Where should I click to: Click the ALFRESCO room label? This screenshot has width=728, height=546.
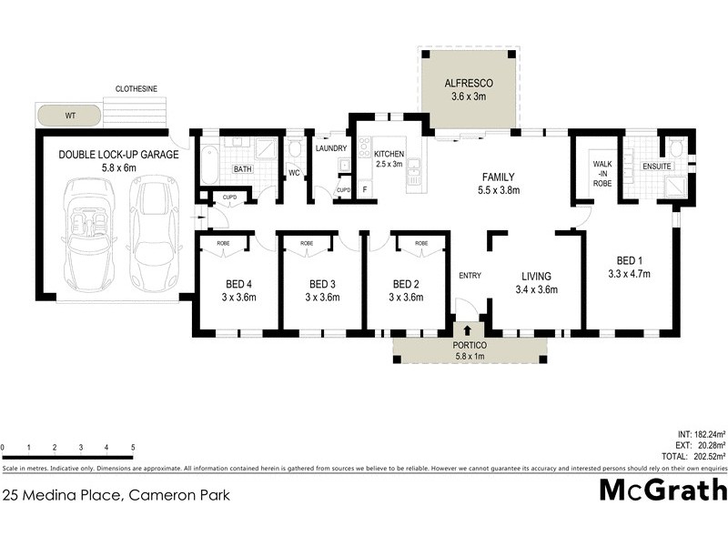pos(470,80)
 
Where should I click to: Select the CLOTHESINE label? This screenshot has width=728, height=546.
pos(136,88)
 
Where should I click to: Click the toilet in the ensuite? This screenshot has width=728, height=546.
pos(675,149)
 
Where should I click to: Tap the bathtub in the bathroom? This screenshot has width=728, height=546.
pos(207,163)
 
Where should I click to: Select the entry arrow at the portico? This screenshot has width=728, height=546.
pos(469,329)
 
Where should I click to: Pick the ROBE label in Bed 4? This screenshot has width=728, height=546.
pos(221,243)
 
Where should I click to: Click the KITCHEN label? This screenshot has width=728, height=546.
pos(389,155)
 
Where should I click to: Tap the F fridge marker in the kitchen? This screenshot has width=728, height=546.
pos(365,189)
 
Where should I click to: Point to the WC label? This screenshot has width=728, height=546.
pos(294,172)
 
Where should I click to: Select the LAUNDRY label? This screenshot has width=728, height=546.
pos(331,147)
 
